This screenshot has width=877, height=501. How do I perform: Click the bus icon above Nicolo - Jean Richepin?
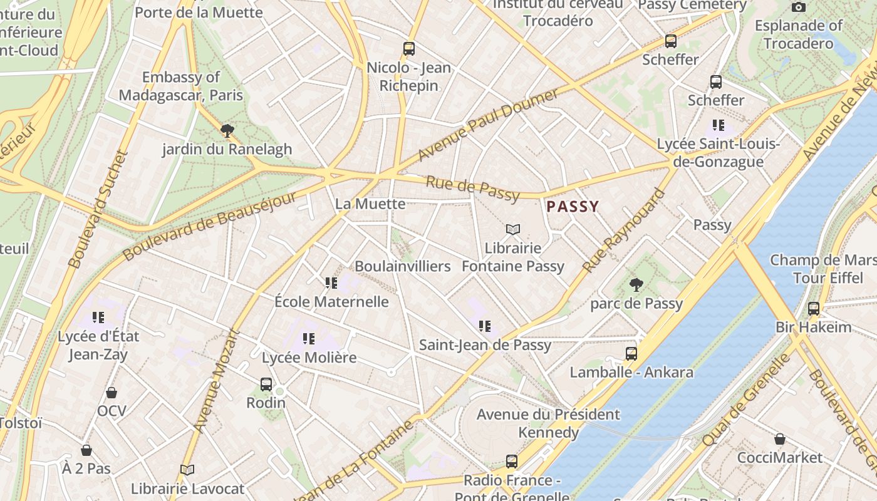pos(409,48)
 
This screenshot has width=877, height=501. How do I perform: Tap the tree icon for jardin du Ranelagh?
pos(227,131)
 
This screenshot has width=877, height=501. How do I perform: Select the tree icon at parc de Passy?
pos(636,285)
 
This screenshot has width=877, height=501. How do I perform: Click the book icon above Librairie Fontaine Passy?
pos(513,230)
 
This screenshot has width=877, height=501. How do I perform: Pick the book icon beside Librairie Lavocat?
pos(187,470)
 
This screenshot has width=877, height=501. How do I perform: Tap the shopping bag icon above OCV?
pos(112,393)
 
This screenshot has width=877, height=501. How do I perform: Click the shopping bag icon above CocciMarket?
pos(780,439)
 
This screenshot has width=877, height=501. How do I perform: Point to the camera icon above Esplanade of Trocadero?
pos(799,7)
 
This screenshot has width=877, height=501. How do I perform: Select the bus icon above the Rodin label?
pos(266,384)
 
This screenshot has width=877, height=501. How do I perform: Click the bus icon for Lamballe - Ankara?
pos(631,354)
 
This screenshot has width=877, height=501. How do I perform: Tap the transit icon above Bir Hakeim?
pos(814,308)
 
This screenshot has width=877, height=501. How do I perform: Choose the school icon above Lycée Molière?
pos(309,339)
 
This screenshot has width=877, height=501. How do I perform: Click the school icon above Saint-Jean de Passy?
pos(484,326)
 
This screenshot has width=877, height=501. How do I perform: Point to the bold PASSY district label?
pos(573,206)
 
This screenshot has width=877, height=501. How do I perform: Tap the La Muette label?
pos(370,204)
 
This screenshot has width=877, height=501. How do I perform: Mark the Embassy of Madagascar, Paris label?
pos(181,86)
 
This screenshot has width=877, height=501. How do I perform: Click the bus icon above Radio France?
pos(512,462)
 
